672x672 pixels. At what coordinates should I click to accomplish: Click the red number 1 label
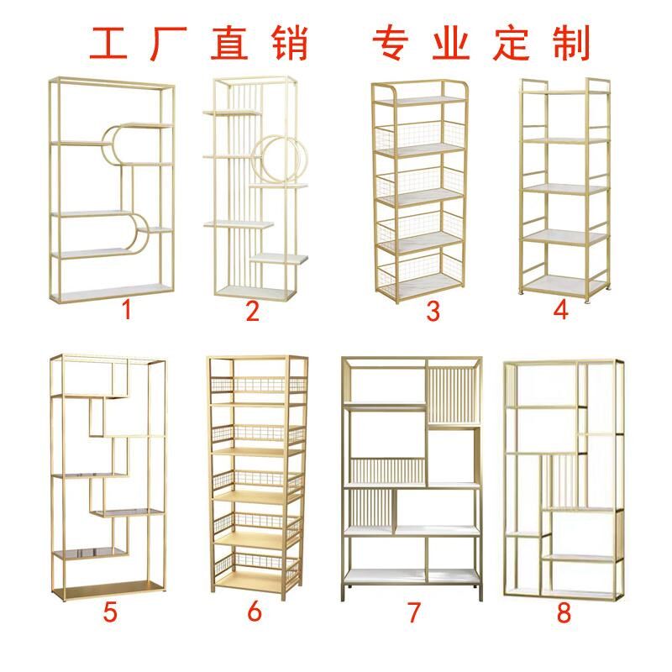click(127, 310)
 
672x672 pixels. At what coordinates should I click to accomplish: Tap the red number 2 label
click(252, 311)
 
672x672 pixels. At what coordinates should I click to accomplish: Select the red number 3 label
click(433, 312)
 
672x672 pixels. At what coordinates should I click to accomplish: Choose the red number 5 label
click(110, 612)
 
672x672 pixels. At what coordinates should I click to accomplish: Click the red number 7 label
click(412, 612)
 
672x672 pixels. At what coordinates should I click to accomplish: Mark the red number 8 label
click(564, 612)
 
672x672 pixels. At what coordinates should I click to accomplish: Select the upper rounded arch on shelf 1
click(126, 144)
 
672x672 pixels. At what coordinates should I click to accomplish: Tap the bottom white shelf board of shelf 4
click(563, 282)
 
